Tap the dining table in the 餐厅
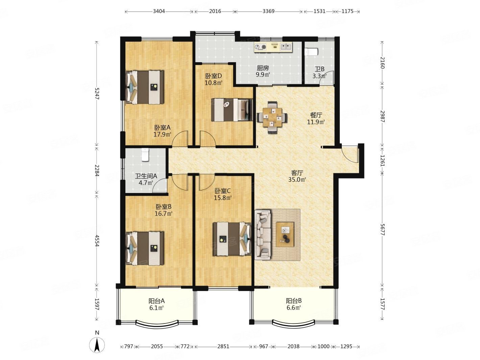(x=272, y=117)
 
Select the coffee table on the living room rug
(x=285, y=234)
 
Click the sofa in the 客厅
(x=263, y=235)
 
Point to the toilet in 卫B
(x=311, y=52)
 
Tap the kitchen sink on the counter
(x=286, y=46)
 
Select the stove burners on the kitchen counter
(x=261, y=47)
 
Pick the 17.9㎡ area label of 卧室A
(x=162, y=134)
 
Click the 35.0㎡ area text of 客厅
(x=297, y=180)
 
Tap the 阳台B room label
(x=293, y=301)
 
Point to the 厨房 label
(x=263, y=68)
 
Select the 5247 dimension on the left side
(x=97, y=94)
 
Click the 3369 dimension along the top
(x=268, y=11)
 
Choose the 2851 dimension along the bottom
(x=223, y=346)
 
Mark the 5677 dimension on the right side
(x=382, y=230)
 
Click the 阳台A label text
(x=157, y=301)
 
